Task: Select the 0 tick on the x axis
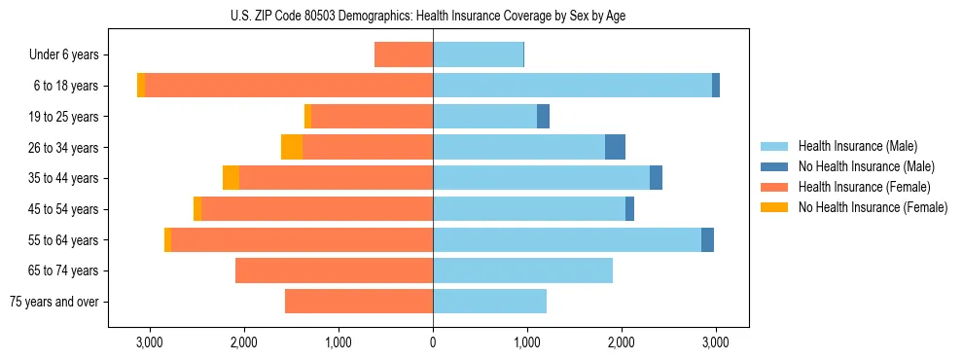point(433,343)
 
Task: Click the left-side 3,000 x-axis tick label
point(149,343)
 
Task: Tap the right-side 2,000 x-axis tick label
point(622,343)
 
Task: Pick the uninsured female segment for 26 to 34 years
point(292,147)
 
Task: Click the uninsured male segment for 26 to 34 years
point(615,147)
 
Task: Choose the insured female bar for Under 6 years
point(404,55)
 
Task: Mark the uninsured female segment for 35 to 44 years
point(231,178)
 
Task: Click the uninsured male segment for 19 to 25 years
point(543,117)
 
